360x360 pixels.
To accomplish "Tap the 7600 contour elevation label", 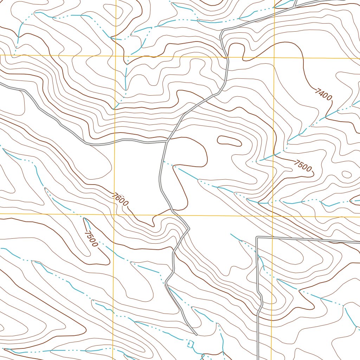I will pyautogui.click(x=121, y=199).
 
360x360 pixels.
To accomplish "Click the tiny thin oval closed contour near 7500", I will pyautogui.click(x=346, y=174).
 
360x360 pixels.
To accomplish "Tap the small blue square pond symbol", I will pyautogui.click(x=191, y=343).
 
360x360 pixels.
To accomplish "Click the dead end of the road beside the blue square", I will pyautogui.click(x=195, y=334).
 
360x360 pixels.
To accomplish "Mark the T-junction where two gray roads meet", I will pyautogui.click(x=167, y=141).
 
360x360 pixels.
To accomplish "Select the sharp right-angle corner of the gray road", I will pyautogui.click(x=257, y=238).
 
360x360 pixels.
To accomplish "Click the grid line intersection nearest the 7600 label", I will pyautogui.click(x=114, y=213).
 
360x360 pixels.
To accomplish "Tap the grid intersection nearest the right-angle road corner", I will pyautogui.click(x=273, y=216).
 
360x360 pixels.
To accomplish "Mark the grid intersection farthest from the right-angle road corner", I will pyautogui.click(x=116, y=55).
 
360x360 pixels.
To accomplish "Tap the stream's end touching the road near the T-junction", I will pyautogui.click(x=162, y=161).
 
